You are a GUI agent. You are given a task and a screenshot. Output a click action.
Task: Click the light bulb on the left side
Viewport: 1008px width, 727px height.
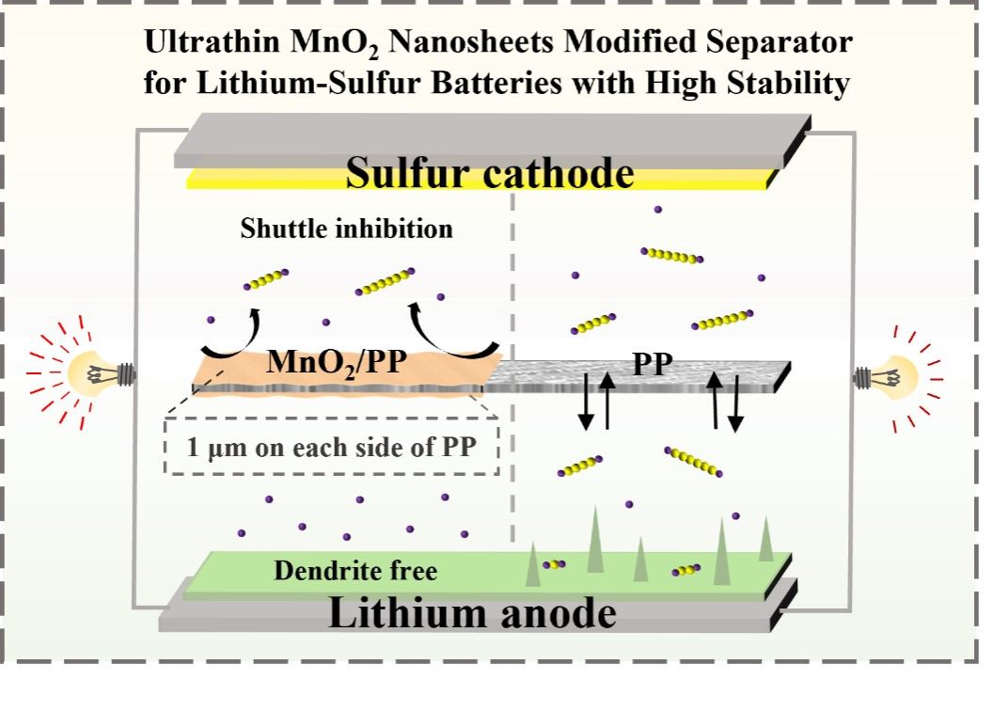point(98,374)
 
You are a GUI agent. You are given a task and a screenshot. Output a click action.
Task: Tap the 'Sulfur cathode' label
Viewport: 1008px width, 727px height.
point(489,174)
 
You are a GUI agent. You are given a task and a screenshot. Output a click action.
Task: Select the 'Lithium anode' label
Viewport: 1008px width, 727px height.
point(472,614)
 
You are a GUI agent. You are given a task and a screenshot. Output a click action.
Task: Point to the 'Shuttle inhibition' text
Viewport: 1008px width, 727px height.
point(346,229)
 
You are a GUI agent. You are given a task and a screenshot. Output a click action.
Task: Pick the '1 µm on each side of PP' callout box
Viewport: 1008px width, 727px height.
point(331,448)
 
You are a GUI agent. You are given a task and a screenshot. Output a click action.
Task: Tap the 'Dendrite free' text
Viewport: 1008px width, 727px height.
point(355,570)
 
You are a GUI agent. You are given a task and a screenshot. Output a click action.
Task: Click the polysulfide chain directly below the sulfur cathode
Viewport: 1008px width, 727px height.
point(671,255)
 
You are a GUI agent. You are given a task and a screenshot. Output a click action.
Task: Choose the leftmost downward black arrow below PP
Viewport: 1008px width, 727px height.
point(586,400)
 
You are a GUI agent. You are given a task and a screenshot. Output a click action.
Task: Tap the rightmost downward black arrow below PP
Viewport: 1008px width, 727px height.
point(735,402)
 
